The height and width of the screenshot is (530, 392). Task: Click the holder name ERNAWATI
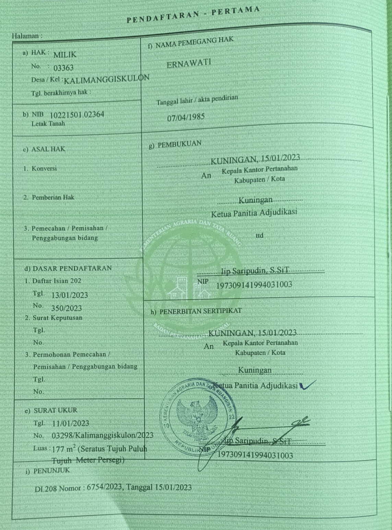pos(189,63)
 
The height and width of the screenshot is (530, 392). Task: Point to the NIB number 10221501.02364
pos(77,115)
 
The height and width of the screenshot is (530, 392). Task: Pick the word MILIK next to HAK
pos(65,55)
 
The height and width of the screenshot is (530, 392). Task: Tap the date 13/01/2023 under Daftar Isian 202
pos(70,295)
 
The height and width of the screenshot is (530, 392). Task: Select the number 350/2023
pos(67,308)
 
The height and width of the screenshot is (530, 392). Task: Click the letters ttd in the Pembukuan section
pos(260,236)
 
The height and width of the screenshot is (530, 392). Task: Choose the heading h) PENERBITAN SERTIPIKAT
pos(196,311)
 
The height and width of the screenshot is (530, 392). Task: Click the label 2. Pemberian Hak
pos(48,197)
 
